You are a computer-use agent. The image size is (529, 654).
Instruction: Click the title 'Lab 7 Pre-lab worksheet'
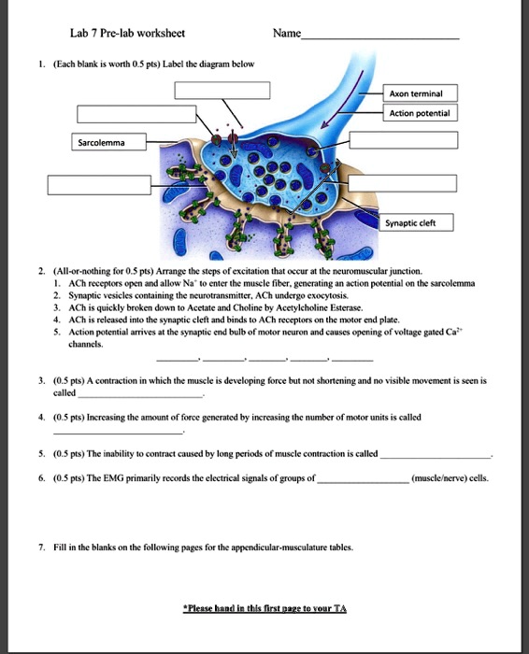tap(127, 33)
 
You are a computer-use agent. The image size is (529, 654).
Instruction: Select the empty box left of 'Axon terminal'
tap(223, 91)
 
